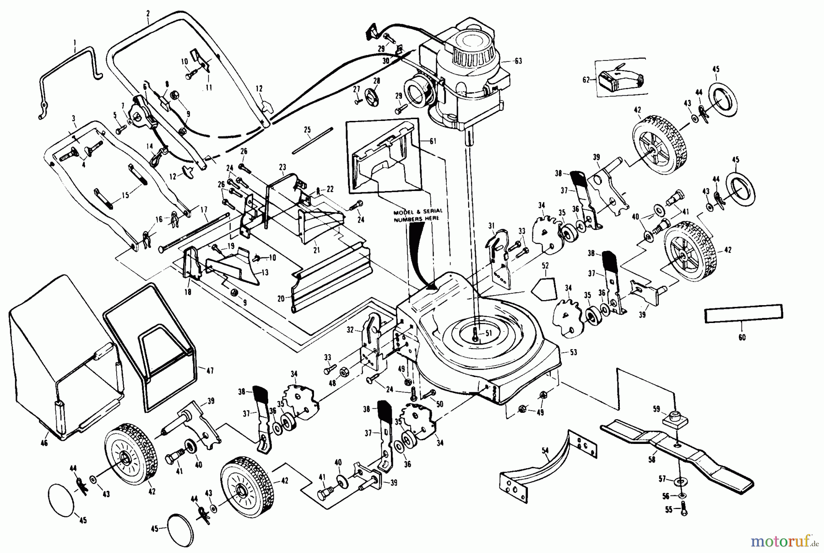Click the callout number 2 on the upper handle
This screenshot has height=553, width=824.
point(148,14)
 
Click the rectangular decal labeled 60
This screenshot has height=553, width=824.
point(743,313)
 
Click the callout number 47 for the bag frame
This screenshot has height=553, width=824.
point(210,370)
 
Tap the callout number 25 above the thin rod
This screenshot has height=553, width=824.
point(307,130)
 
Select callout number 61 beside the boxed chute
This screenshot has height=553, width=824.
point(433,141)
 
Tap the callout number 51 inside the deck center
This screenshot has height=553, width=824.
point(488,333)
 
